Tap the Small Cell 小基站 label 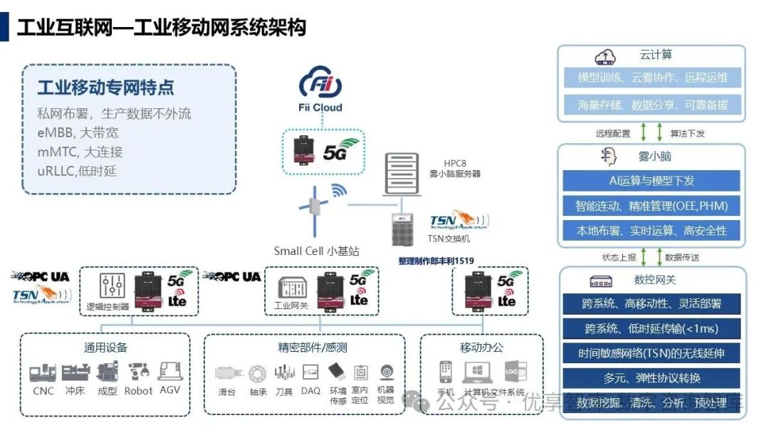316,251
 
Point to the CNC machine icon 43,372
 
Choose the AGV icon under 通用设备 169,371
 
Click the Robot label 138,391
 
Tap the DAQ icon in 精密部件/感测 310,372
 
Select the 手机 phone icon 446,371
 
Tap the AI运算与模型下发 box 652,180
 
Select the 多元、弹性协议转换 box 652,377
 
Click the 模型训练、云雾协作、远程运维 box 652,78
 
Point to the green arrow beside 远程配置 643,132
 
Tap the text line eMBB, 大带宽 78,132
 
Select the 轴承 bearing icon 258,372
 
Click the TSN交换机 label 449,239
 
